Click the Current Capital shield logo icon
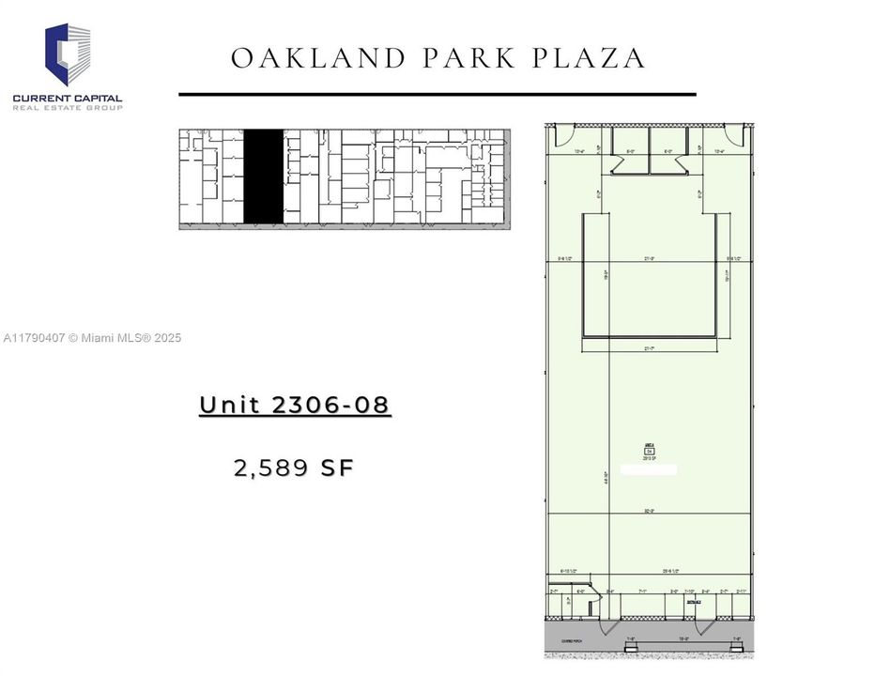coord(69,54)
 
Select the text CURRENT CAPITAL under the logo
coord(68,98)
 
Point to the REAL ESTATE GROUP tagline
coord(68,108)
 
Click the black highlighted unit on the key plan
coord(264,177)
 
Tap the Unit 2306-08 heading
coord(295,406)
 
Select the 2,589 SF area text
coord(295,467)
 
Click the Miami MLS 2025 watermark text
coord(92,338)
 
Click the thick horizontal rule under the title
coord(437,94)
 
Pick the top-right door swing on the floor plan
coord(738,137)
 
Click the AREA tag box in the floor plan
coord(649,451)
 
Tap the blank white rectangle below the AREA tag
coord(649,469)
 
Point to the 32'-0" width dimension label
coord(649,512)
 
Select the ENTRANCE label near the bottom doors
coord(693,602)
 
